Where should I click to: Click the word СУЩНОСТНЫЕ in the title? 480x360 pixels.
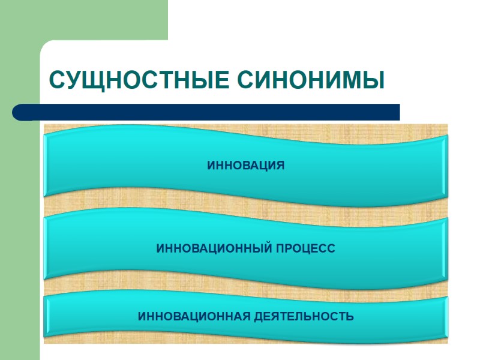coord(137,80)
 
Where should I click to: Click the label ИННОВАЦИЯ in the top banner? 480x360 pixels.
coord(245,164)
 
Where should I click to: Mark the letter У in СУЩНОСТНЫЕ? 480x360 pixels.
coord(72,80)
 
